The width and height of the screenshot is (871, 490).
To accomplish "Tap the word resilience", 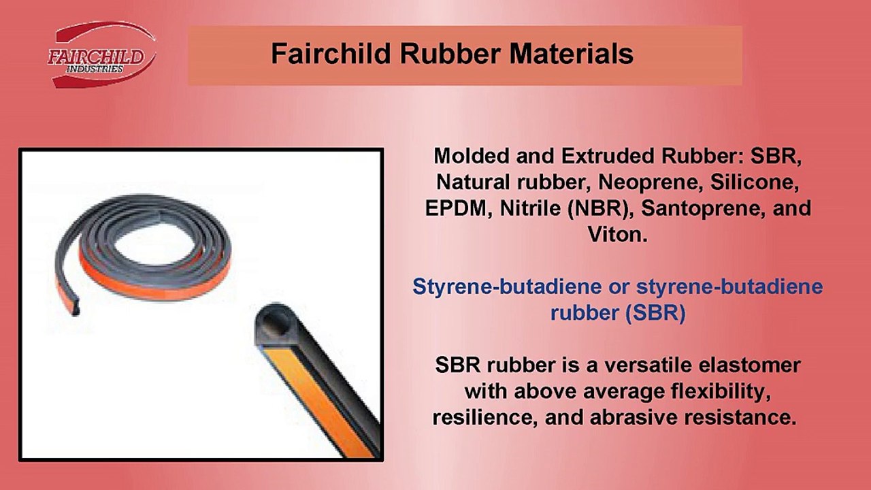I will click(481, 417).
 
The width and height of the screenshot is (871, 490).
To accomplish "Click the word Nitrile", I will click(528, 208).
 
